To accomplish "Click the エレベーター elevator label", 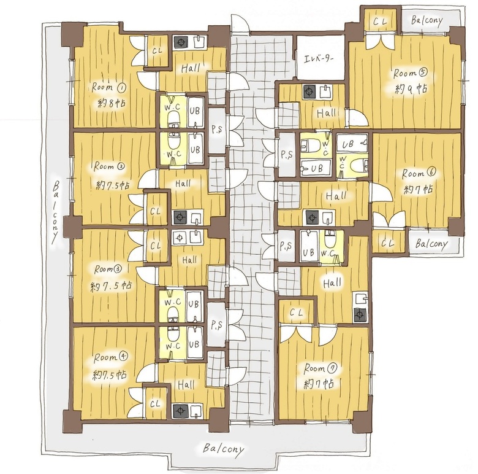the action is [x=319, y=58].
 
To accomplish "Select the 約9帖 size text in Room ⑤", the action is [x=411, y=89].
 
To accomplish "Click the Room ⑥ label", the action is [x=419, y=173].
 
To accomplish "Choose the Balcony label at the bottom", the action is [x=224, y=449].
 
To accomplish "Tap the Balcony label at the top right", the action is [x=426, y=21].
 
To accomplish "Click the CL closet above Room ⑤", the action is [x=380, y=21].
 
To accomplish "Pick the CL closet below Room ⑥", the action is [x=387, y=243].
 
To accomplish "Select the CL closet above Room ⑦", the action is [x=296, y=312].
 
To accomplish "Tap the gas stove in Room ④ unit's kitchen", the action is [x=180, y=411].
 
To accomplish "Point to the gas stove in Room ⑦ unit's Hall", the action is [x=360, y=315].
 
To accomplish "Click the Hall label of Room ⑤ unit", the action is [x=326, y=114].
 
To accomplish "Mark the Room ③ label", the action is [x=108, y=269].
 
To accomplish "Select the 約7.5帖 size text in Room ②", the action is [x=113, y=185].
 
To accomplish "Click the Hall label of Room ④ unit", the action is [x=186, y=385].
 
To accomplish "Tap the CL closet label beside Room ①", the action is [x=157, y=51].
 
